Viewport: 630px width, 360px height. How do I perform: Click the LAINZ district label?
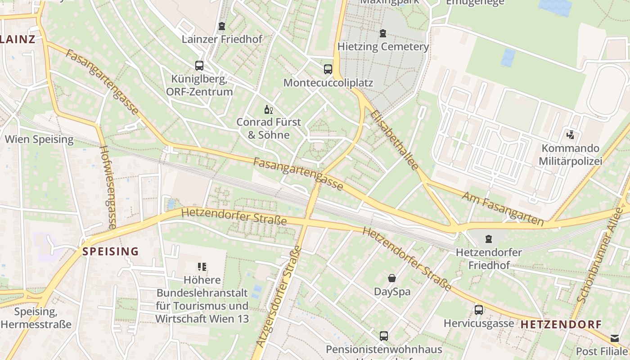coord(18,39)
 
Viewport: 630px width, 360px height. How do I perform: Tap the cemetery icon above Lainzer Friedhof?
coord(221,26)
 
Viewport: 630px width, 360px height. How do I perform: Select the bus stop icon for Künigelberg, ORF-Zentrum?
coord(199,66)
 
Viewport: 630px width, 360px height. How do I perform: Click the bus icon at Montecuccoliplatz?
coord(328,69)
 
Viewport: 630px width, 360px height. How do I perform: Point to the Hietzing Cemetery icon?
coord(383,33)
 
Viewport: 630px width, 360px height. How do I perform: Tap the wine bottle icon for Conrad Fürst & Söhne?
coord(269,109)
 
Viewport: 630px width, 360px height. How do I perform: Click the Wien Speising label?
coord(39,139)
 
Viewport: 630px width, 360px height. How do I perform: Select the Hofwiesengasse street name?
coord(108,187)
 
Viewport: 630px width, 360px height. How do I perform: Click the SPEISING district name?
coord(111,252)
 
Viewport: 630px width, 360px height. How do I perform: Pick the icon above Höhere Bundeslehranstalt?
coord(202,267)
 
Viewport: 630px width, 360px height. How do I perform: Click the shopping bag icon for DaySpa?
coord(392,278)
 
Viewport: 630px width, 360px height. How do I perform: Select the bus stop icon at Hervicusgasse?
coord(479,310)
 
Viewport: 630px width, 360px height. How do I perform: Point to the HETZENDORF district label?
coord(561,324)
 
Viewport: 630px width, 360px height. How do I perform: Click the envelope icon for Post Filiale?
coord(615,338)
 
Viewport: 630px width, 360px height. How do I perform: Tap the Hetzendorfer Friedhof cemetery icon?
coord(489,238)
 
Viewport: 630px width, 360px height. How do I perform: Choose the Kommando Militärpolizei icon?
coord(571,135)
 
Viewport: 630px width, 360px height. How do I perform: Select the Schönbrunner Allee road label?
coord(601,263)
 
